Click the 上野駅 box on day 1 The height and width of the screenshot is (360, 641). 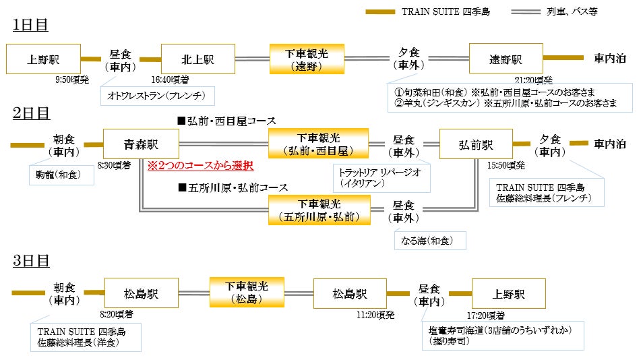click(x=43, y=59)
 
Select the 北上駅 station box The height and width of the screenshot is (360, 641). click(x=197, y=59)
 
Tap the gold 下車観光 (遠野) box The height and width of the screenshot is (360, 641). click(x=307, y=59)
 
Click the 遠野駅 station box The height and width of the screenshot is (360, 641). click(x=506, y=59)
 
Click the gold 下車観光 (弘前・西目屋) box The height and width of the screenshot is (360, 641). click(x=319, y=144)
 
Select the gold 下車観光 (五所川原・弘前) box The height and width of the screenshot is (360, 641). click(x=319, y=210)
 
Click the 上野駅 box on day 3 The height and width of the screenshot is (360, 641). click(x=509, y=295)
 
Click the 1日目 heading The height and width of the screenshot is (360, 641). click(x=30, y=25)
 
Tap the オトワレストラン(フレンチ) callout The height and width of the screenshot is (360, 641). click(x=157, y=96)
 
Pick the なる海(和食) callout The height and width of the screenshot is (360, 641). click(x=430, y=241)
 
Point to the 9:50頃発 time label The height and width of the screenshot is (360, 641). click(x=72, y=80)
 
